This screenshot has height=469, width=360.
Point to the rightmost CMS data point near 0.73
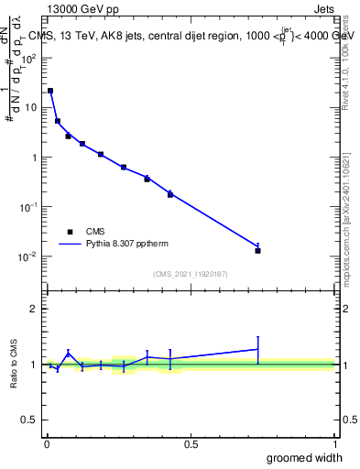coord(258,250)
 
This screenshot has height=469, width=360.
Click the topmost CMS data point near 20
coord(50,91)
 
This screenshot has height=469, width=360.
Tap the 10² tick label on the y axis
coord(30,58)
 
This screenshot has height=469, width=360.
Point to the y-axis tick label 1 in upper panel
coord(35,158)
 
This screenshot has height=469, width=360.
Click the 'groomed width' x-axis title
coord(305,457)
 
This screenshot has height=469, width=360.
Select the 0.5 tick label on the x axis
coord(191,444)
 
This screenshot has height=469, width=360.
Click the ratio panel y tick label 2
coord(35,309)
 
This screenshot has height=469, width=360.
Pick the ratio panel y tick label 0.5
coord(30,420)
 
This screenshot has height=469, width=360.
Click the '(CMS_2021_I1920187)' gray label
coord(191,273)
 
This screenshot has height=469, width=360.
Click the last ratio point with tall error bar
coord(258,349)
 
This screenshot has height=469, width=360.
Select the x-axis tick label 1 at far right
coord(334,444)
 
